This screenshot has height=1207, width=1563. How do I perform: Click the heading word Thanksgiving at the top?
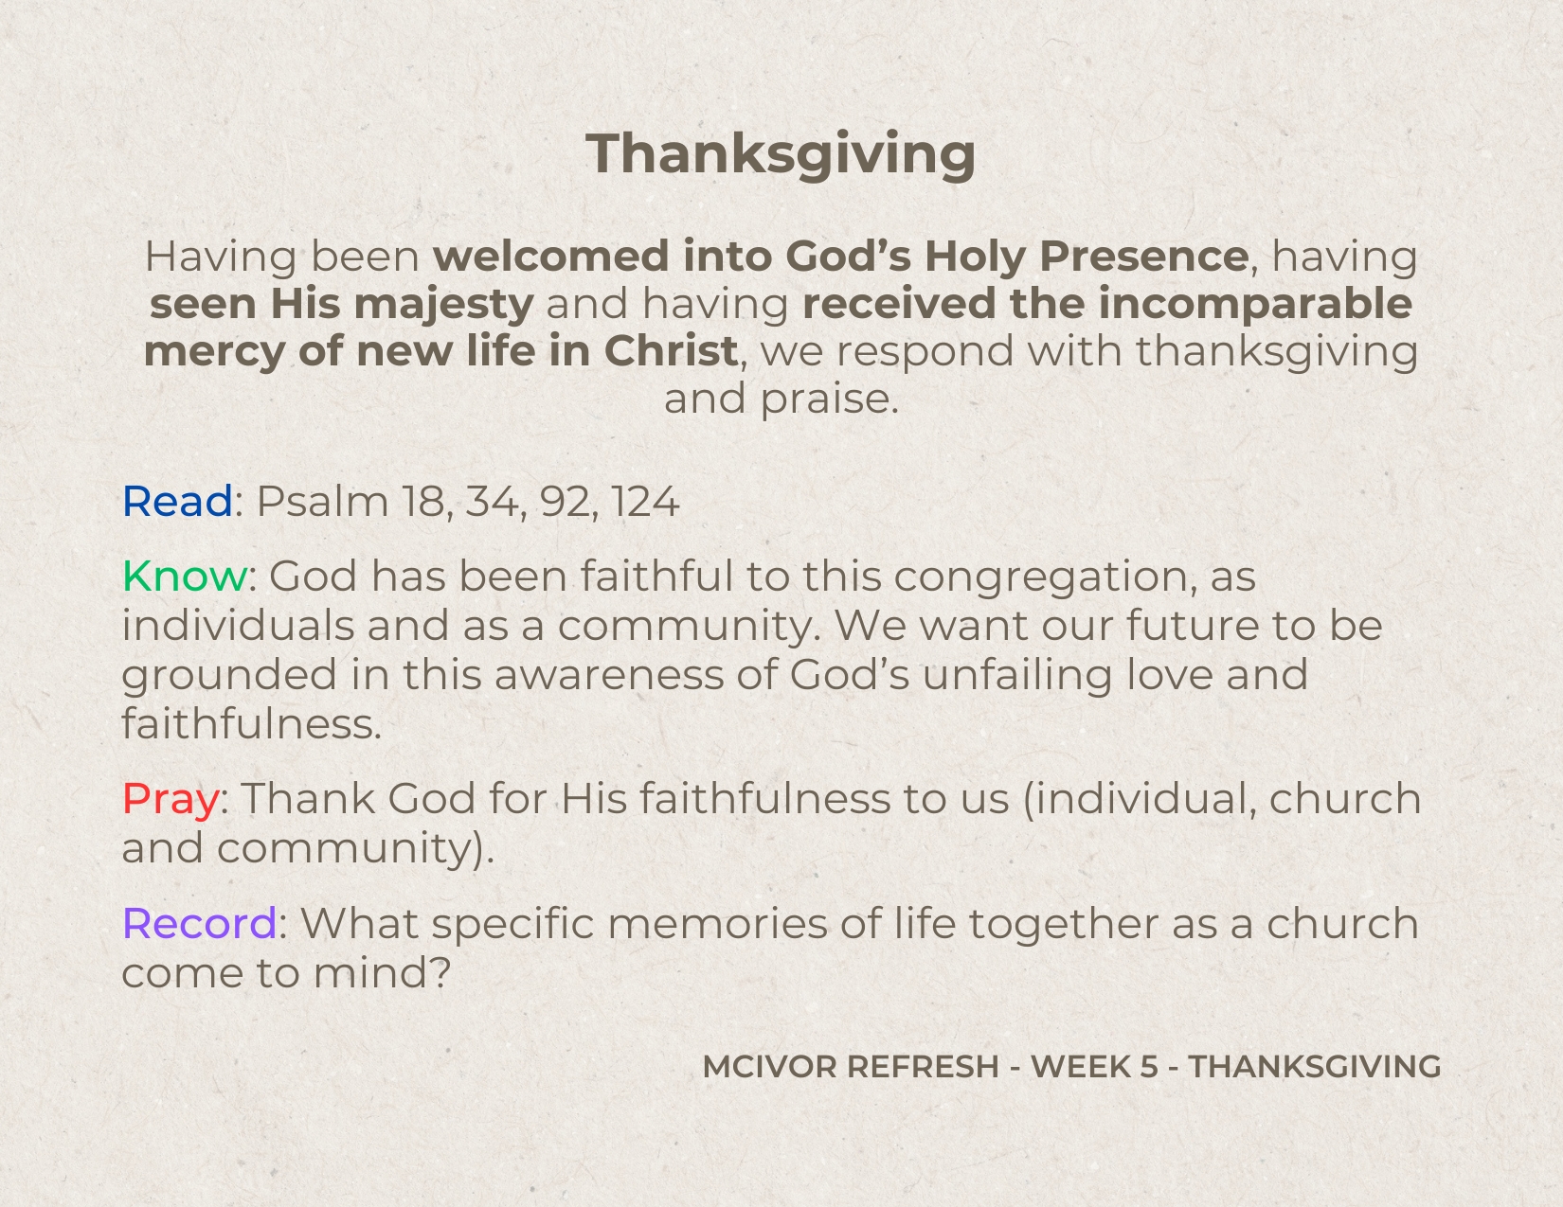pos(781,155)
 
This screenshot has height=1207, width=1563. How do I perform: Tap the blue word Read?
pos(178,501)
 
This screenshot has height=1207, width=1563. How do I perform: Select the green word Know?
pos(185,576)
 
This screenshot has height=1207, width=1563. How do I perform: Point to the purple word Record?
pos(199,923)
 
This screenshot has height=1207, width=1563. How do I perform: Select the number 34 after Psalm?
pos(493,501)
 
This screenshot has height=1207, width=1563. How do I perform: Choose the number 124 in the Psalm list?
pos(645,501)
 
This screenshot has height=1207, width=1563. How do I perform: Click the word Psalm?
pos(322,501)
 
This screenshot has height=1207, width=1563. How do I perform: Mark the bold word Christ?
pos(671,351)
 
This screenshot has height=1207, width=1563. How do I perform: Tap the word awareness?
pos(608,676)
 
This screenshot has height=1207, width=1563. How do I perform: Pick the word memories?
pos(717,923)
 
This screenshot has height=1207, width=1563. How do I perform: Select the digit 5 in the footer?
pos(1149,1067)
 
